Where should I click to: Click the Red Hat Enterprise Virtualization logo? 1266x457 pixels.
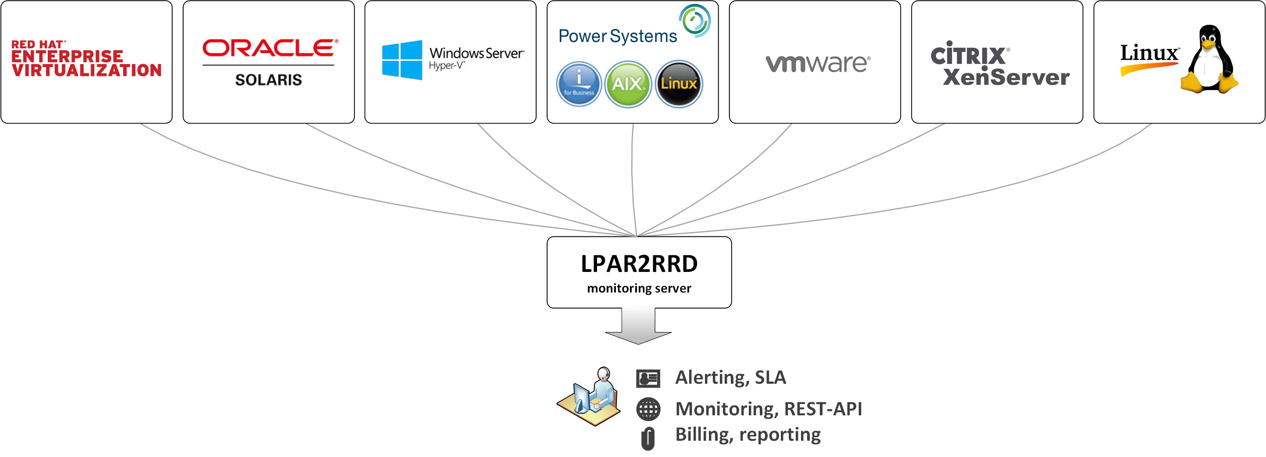tap(86, 59)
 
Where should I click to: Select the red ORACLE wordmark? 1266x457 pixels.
tap(270, 48)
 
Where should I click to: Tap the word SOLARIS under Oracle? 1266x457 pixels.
tap(268, 80)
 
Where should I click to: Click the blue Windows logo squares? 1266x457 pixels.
tap(402, 60)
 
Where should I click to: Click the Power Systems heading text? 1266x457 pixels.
tap(617, 36)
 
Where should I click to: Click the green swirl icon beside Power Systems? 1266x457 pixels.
tap(695, 21)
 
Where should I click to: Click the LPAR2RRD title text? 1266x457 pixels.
tap(639, 264)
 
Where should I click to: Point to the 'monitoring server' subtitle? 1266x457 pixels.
tap(639, 289)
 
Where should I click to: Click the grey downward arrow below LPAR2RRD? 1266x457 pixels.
tap(638, 327)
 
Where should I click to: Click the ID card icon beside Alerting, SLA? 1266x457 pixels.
tap(648, 378)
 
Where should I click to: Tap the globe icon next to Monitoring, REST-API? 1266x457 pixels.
tap(648, 409)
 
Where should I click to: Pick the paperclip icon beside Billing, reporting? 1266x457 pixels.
tap(648, 438)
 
